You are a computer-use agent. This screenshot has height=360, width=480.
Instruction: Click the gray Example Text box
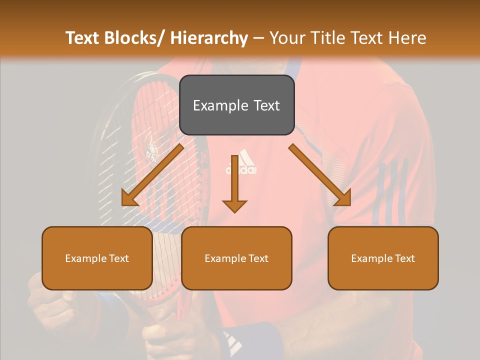click(x=236, y=105)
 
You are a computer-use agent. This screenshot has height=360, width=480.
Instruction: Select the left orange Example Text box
click(x=97, y=258)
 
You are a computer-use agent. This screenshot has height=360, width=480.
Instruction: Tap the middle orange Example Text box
click(x=236, y=258)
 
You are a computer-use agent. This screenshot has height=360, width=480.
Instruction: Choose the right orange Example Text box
click(x=383, y=258)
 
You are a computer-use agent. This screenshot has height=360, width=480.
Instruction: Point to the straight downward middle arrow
click(x=234, y=183)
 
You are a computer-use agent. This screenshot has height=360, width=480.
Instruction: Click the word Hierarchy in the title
click(x=209, y=38)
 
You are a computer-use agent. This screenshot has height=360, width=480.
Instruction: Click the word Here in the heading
click(x=406, y=38)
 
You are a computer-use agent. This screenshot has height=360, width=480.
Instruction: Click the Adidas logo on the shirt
click(x=242, y=162)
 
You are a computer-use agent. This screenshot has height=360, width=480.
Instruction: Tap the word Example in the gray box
click(x=220, y=105)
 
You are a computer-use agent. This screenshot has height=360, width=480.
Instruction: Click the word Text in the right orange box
click(x=404, y=258)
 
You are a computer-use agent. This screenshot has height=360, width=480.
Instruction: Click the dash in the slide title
click(x=258, y=38)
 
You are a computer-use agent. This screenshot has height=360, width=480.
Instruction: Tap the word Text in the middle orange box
click(x=258, y=258)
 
